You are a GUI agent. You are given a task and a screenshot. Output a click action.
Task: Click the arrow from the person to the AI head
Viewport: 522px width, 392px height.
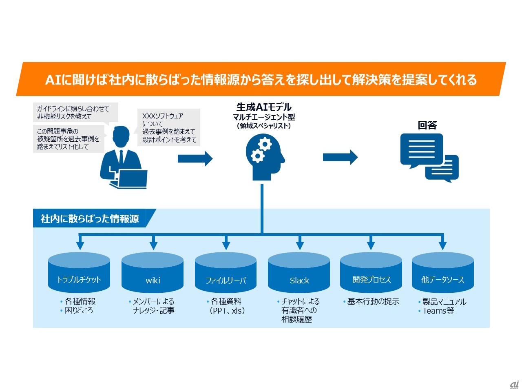(195, 158)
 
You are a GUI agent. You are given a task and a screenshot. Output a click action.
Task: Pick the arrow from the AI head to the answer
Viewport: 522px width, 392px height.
(340, 157)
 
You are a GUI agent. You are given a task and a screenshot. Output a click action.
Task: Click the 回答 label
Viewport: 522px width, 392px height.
(427, 125)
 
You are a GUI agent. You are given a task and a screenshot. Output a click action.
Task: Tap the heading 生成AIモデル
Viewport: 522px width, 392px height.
(264, 107)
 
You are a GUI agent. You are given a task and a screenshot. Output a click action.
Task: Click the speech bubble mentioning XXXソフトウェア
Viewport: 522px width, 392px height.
(168, 127)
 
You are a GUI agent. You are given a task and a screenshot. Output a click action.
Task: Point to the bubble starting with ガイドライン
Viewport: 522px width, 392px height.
(74, 112)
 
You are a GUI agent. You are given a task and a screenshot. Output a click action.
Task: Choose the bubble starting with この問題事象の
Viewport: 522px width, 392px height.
(68, 139)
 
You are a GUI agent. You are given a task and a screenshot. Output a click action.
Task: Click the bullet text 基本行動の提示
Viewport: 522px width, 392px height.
(373, 301)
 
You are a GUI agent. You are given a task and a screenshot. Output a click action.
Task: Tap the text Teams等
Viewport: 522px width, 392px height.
(438, 311)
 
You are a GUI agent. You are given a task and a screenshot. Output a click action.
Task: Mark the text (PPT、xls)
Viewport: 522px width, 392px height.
(227, 311)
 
